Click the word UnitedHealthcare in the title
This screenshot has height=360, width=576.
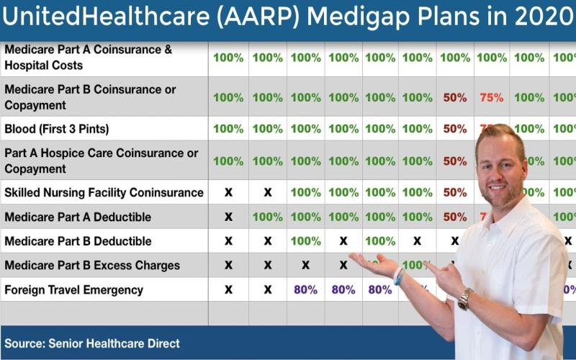pyautogui.click(x=107, y=19)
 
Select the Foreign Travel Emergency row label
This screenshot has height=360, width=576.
pyautogui.click(x=74, y=290)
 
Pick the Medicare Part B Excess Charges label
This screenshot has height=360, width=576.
pyautogui.click(x=92, y=266)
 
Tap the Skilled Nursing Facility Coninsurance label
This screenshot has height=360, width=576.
pyautogui.click(x=104, y=193)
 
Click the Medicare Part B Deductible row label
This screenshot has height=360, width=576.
pyautogui.click(x=78, y=241)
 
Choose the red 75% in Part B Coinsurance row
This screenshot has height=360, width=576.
pyautogui.click(x=492, y=97)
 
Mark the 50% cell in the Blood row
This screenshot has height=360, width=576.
pyautogui.click(x=454, y=129)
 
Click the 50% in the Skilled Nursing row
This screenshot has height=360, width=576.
pyautogui.click(x=454, y=192)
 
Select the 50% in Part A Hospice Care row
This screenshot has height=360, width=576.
pyautogui.click(x=454, y=161)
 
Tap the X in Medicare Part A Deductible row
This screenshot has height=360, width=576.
pyautogui.click(x=228, y=217)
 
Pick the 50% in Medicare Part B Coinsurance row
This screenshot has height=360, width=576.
pyautogui.click(x=454, y=97)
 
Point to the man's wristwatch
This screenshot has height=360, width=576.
pyautogui.click(x=465, y=298)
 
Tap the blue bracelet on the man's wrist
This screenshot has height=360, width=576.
pyautogui.click(x=398, y=276)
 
